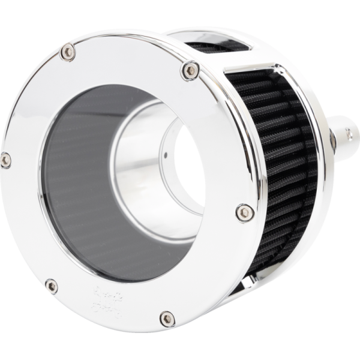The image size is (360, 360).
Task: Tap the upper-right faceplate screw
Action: [x=190, y=71]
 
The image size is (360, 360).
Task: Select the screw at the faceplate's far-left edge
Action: [x=6, y=159]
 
